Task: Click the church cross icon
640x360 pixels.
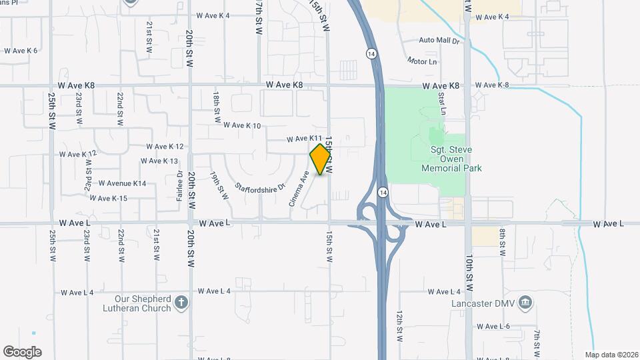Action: (x=181, y=303)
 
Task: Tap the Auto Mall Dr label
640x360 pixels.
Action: (x=439, y=41)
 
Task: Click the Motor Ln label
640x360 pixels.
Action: (x=422, y=61)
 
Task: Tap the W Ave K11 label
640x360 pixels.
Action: (x=305, y=139)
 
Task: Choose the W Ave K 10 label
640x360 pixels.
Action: (x=242, y=125)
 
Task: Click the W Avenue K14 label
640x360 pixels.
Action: (x=122, y=183)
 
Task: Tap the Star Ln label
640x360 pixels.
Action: (x=441, y=102)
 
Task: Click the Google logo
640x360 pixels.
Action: (x=22, y=352)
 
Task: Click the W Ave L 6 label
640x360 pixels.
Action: (x=494, y=326)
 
